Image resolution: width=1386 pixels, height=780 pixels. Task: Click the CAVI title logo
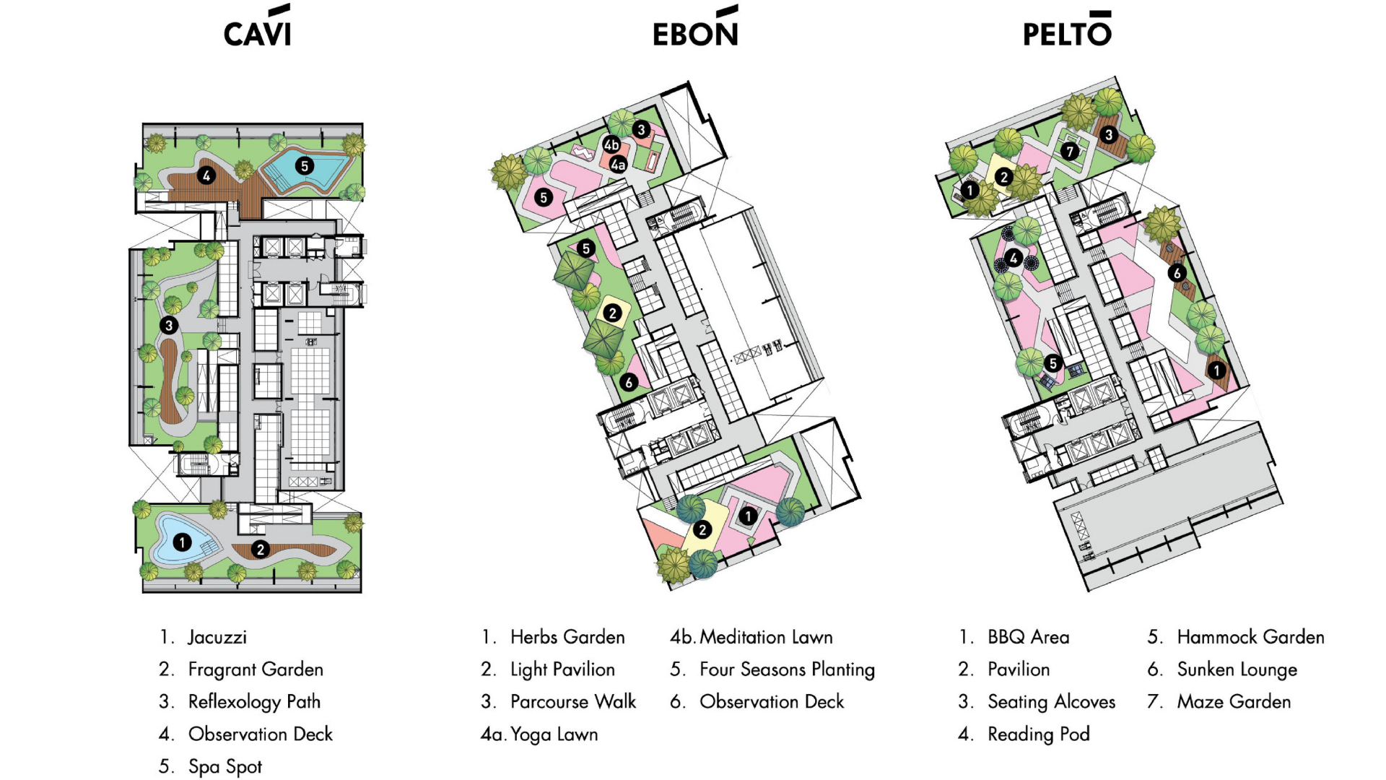pos(257,29)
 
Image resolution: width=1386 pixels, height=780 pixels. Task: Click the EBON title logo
pos(695,29)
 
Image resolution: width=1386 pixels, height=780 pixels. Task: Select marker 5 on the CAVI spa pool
pos(305,166)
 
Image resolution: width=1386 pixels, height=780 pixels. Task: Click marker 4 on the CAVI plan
pos(206,175)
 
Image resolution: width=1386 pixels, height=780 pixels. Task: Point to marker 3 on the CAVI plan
pos(169,325)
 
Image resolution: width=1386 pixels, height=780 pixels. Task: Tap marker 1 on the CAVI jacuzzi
pos(182,542)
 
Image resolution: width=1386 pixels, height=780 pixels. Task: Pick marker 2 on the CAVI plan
pos(261,550)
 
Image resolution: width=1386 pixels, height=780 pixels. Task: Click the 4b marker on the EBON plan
pos(611,145)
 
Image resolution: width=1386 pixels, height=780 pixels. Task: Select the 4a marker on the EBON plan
pos(618,165)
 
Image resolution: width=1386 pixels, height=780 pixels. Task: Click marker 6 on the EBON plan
pos(629,382)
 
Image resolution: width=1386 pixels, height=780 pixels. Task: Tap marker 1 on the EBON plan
pos(749,516)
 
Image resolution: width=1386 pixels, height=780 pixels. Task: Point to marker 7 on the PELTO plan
pos(1070,151)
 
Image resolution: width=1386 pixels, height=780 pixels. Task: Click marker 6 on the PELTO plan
pos(1177,273)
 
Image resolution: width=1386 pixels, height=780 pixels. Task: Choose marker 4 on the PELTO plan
pos(1014,258)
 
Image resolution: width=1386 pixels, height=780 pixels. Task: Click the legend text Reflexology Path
pos(254,701)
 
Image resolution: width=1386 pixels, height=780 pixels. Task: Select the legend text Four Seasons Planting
pos(787,669)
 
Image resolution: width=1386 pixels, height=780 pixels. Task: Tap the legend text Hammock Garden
pos(1250,637)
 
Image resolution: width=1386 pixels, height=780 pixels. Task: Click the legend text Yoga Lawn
pos(554,734)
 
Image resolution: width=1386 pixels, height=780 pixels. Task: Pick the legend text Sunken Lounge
pos(1237,669)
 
